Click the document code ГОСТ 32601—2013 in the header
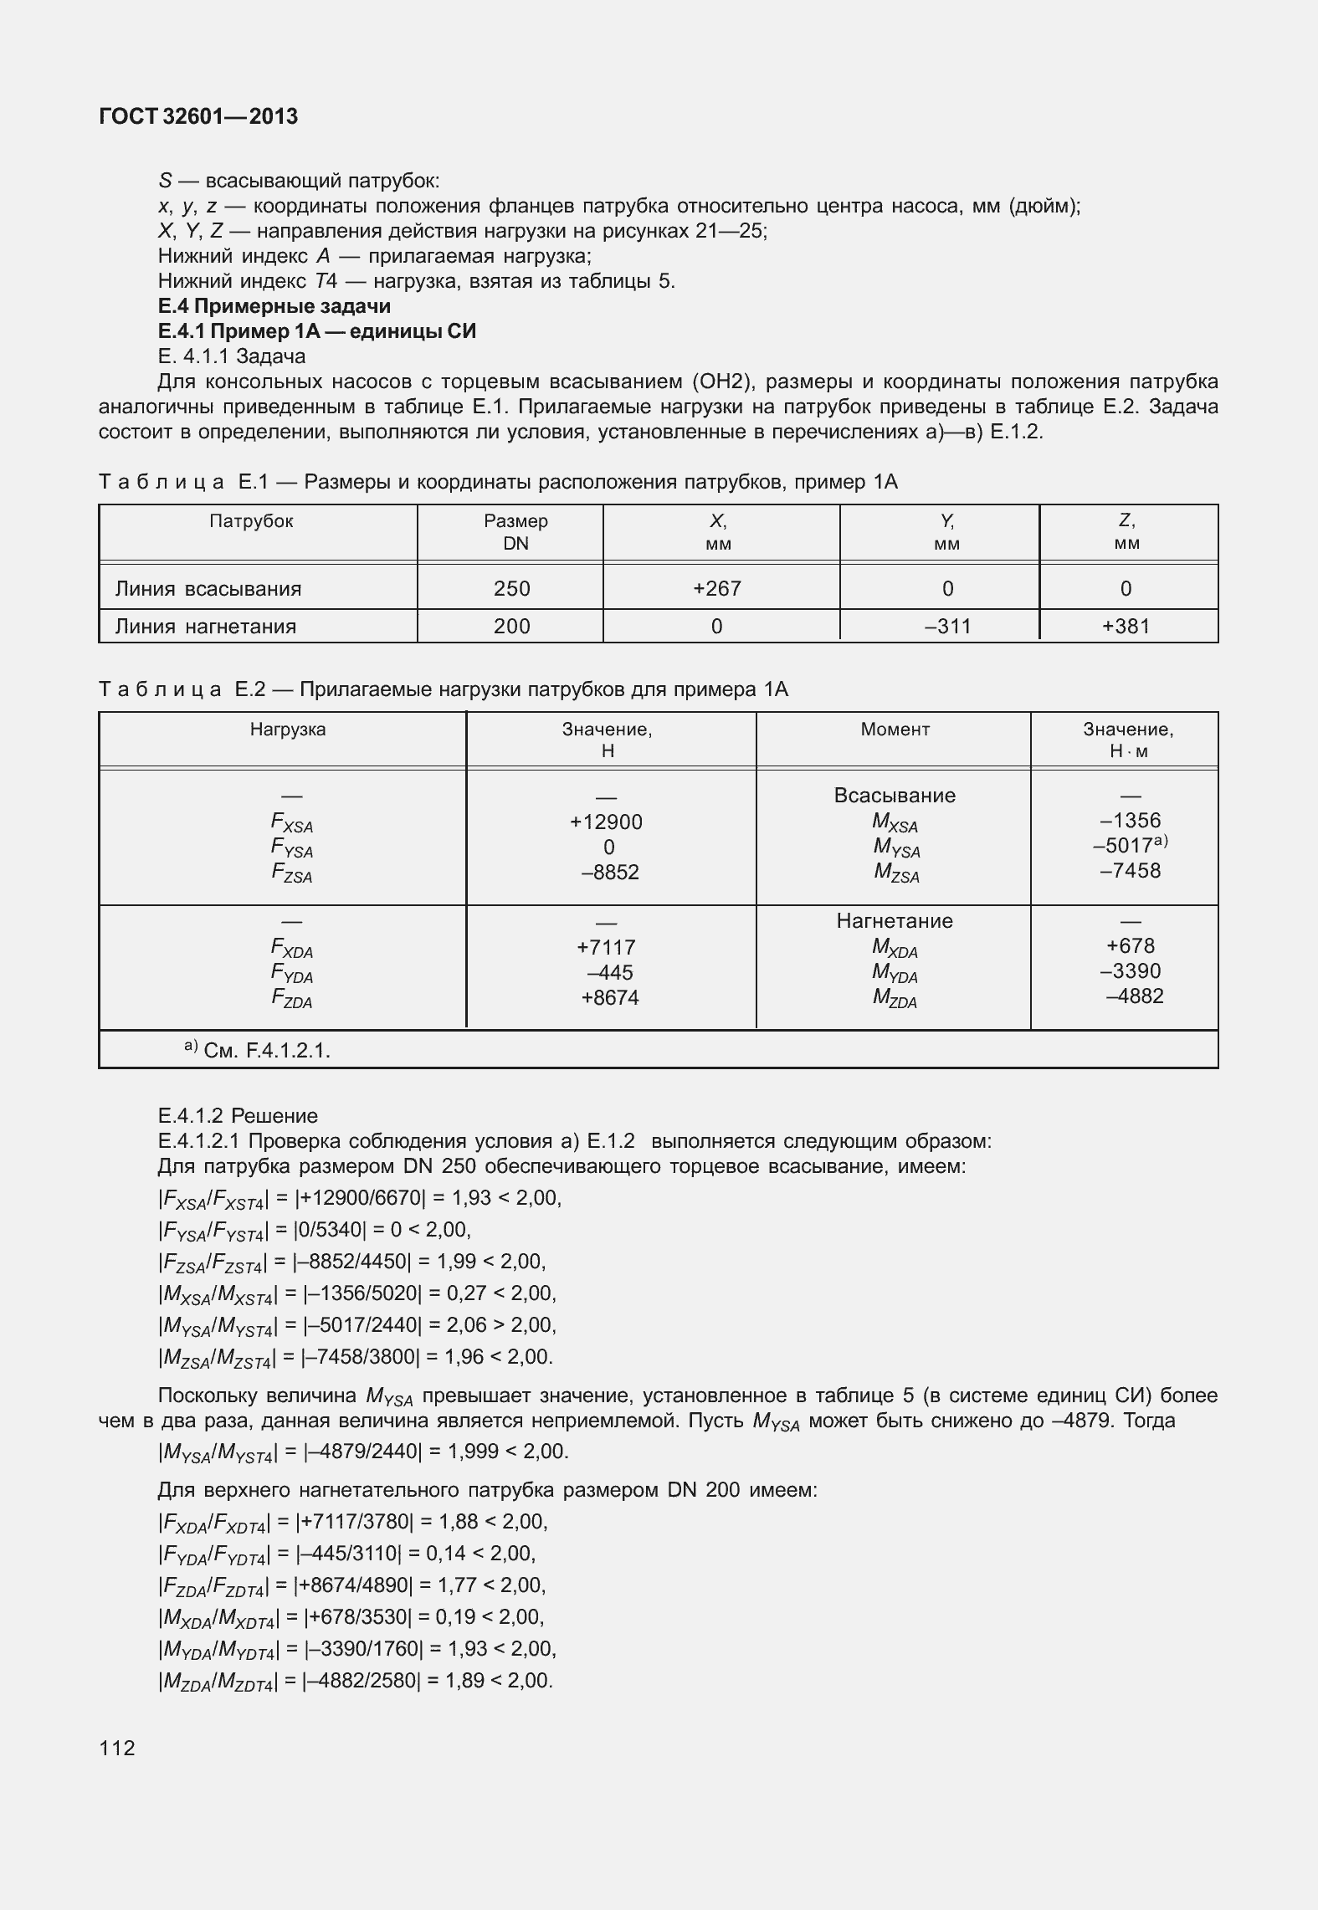(198, 117)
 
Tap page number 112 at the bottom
(116, 1748)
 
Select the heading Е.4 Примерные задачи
(274, 306)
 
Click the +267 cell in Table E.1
(717, 588)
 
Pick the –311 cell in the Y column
(947, 626)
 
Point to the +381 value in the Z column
(1126, 626)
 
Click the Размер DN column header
(515, 532)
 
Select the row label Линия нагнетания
(205, 627)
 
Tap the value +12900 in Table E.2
(606, 822)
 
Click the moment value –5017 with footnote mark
(1126, 846)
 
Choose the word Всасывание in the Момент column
(895, 796)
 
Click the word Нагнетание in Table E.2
(895, 921)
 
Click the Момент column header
(895, 730)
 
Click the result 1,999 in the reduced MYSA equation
(474, 1451)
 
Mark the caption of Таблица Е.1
(498, 482)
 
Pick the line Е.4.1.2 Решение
(238, 1115)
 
